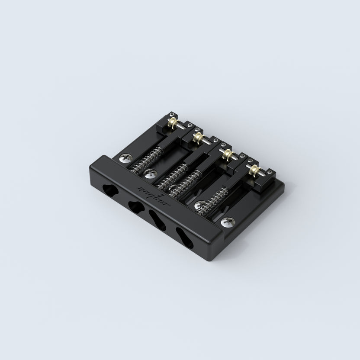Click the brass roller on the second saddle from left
pos(199,138)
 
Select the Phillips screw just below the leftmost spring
pos(150,174)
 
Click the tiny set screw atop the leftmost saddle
pos(171,114)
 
